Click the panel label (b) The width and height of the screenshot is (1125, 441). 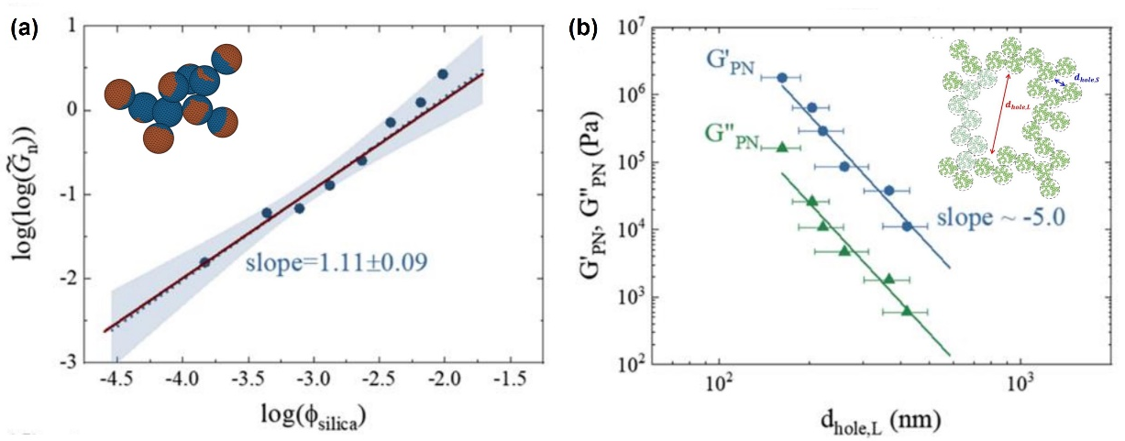coord(585,28)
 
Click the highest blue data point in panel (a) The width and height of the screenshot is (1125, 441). coord(443,74)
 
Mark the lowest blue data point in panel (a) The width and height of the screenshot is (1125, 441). coord(204,262)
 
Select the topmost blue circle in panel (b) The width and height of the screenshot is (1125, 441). coord(782,78)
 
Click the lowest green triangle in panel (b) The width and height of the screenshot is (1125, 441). coord(907,311)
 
